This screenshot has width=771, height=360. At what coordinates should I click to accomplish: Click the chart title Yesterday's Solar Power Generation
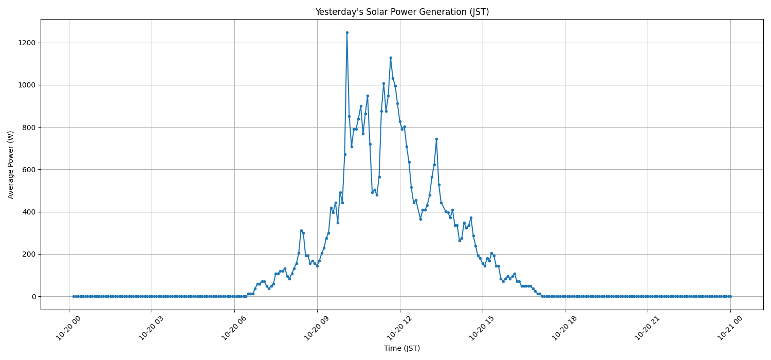click(402, 12)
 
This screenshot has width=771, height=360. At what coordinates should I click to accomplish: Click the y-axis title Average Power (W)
click(11, 165)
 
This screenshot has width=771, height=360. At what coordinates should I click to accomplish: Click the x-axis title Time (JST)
click(402, 348)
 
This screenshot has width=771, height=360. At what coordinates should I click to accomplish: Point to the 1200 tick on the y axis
click(26, 43)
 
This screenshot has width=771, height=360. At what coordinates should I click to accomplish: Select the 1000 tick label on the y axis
click(26, 85)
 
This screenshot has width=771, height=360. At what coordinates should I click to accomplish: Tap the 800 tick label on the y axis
click(28, 127)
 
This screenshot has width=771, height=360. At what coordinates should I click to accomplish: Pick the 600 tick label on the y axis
click(28, 170)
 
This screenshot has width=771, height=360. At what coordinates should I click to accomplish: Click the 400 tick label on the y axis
click(28, 212)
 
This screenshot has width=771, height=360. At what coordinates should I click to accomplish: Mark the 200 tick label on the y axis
click(28, 254)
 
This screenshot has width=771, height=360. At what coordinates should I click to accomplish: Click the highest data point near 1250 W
click(347, 32)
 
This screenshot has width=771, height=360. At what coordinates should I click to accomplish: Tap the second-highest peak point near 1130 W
click(391, 58)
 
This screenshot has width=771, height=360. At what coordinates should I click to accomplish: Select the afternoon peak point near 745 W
click(436, 139)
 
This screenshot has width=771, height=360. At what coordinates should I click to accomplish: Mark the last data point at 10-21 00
click(730, 296)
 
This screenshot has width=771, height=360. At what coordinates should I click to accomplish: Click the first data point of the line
click(74, 296)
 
